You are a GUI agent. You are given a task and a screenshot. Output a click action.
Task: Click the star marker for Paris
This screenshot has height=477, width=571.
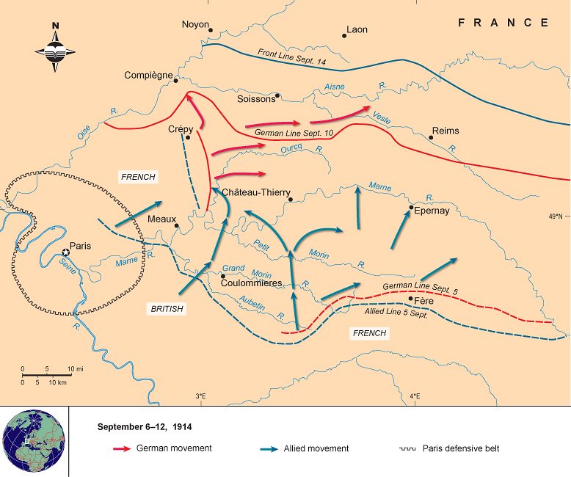click(x=65, y=252)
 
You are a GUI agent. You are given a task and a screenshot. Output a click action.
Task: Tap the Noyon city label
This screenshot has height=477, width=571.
click(x=195, y=24)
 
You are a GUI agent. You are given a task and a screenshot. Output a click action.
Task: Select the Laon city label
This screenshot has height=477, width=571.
click(x=357, y=30)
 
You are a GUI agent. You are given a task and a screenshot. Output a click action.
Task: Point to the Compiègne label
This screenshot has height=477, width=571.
click(x=148, y=75)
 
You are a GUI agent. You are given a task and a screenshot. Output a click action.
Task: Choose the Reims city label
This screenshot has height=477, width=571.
click(x=445, y=131)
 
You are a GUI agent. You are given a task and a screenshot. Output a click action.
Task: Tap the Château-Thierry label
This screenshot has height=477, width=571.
click(x=256, y=192)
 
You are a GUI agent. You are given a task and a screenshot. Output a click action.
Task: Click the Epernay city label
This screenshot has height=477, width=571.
click(x=432, y=210)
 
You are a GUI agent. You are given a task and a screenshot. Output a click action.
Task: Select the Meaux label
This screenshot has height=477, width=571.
click(x=161, y=219)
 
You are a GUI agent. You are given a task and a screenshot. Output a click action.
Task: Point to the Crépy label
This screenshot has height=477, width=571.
click(x=180, y=129)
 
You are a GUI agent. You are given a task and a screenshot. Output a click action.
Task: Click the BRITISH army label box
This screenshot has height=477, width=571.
click(x=167, y=309)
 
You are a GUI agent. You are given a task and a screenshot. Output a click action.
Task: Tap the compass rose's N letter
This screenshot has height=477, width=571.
click(x=56, y=27)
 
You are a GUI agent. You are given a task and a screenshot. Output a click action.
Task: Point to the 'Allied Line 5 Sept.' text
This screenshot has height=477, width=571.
click(x=396, y=312)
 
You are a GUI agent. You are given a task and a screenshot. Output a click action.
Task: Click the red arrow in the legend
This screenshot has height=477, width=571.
click(x=121, y=448)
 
